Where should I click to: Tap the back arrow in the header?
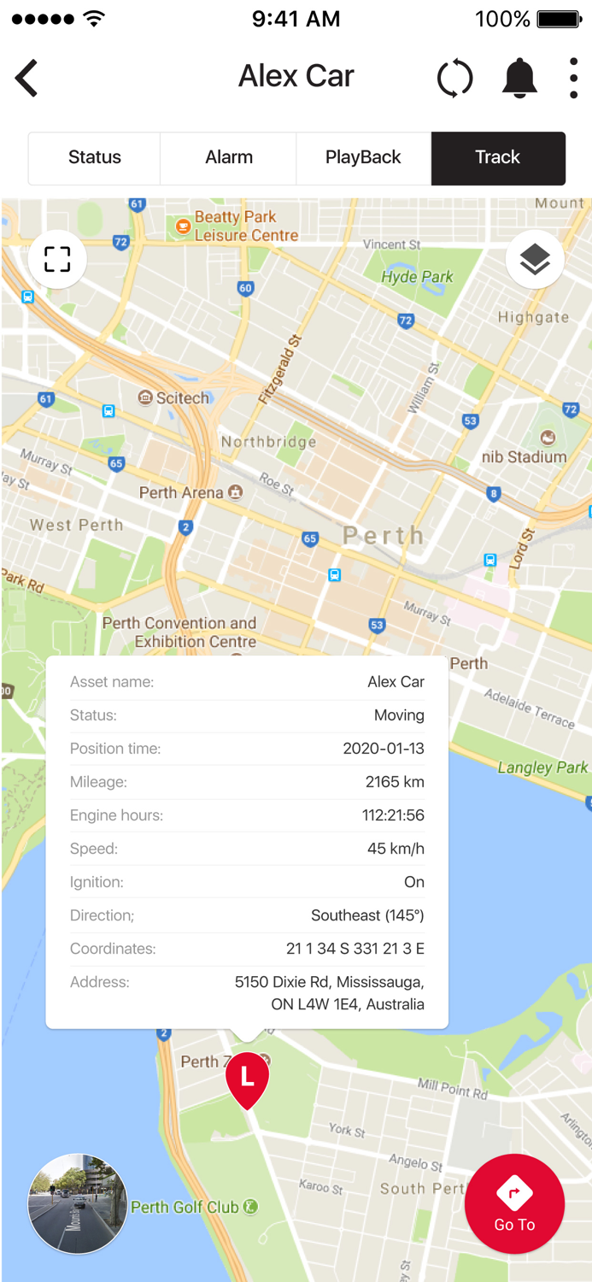click(26, 78)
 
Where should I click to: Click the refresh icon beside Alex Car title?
click(454, 79)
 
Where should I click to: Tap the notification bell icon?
click(519, 79)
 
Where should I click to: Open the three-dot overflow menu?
click(573, 79)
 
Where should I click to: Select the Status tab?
click(95, 157)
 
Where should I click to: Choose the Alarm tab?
click(229, 157)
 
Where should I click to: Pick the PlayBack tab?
click(363, 157)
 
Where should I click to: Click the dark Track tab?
click(498, 157)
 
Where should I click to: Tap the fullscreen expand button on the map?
click(57, 259)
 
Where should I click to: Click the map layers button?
click(535, 259)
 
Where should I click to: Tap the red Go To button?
click(514, 1203)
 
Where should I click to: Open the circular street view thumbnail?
click(78, 1203)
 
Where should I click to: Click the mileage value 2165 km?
click(395, 782)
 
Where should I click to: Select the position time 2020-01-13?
click(384, 749)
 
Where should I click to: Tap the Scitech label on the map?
click(182, 398)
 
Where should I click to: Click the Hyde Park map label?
click(418, 277)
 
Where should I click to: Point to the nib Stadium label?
click(524, 457)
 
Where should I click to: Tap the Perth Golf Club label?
click(185, 1208)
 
